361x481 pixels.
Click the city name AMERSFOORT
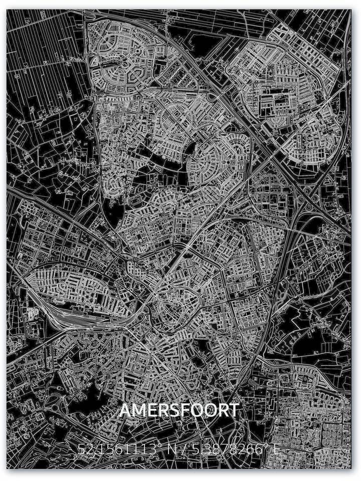[x=179, y=410]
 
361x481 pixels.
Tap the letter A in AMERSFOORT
[x=125, y=410]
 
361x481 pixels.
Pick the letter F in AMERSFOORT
[x=183, y=410]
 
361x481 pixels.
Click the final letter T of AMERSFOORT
[x=234, y=410]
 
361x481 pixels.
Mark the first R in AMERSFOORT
[x=161, y=410]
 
